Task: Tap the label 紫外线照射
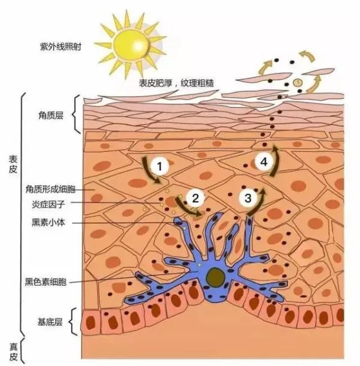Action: [x=61, y=47]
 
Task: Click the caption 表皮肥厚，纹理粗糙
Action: [x=176, y=83]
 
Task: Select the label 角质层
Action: [x=51, y=115]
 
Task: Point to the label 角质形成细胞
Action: [x=50, y=190]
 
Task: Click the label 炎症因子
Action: [x=48, y=205]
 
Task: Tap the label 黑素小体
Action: [x=48, y=223]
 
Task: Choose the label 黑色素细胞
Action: [x=46, y=282]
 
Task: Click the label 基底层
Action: [x=50, y=322]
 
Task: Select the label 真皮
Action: [x=14, y=352]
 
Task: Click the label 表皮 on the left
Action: [x=13, y=164]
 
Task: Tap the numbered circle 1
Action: [x=160, y=166]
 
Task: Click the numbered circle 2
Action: [x=196, y=198]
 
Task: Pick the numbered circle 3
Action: [x=248, y=198]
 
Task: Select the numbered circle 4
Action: [x=264, y=162]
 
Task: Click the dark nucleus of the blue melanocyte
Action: [x=215, y=277]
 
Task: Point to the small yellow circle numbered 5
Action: [x=298, y=82]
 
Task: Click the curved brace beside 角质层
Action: [x=76, y=115]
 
